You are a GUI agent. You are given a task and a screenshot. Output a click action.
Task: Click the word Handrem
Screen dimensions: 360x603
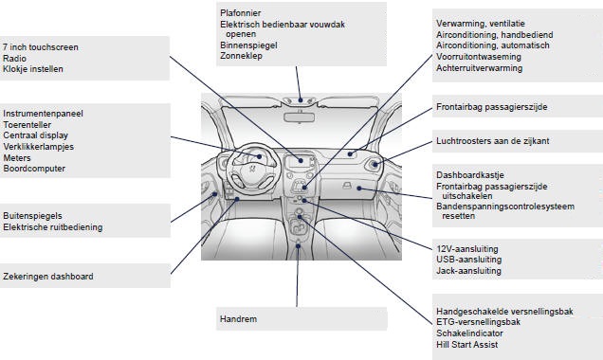238,319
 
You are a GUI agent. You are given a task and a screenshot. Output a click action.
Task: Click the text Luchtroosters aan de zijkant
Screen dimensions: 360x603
492,141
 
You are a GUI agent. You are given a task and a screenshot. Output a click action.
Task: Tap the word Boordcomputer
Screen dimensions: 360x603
33,169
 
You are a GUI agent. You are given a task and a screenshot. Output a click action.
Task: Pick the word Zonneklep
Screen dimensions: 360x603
241,56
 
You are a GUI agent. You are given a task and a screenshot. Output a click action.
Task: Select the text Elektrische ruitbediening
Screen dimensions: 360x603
53,227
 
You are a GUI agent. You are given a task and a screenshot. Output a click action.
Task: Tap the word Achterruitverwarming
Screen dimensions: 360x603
479,68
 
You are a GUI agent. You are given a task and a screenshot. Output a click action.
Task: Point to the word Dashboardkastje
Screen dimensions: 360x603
471,175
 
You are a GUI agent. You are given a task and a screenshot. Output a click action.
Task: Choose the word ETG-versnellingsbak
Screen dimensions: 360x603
478,322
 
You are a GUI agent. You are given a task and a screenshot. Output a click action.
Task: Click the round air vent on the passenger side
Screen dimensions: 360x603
375,167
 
